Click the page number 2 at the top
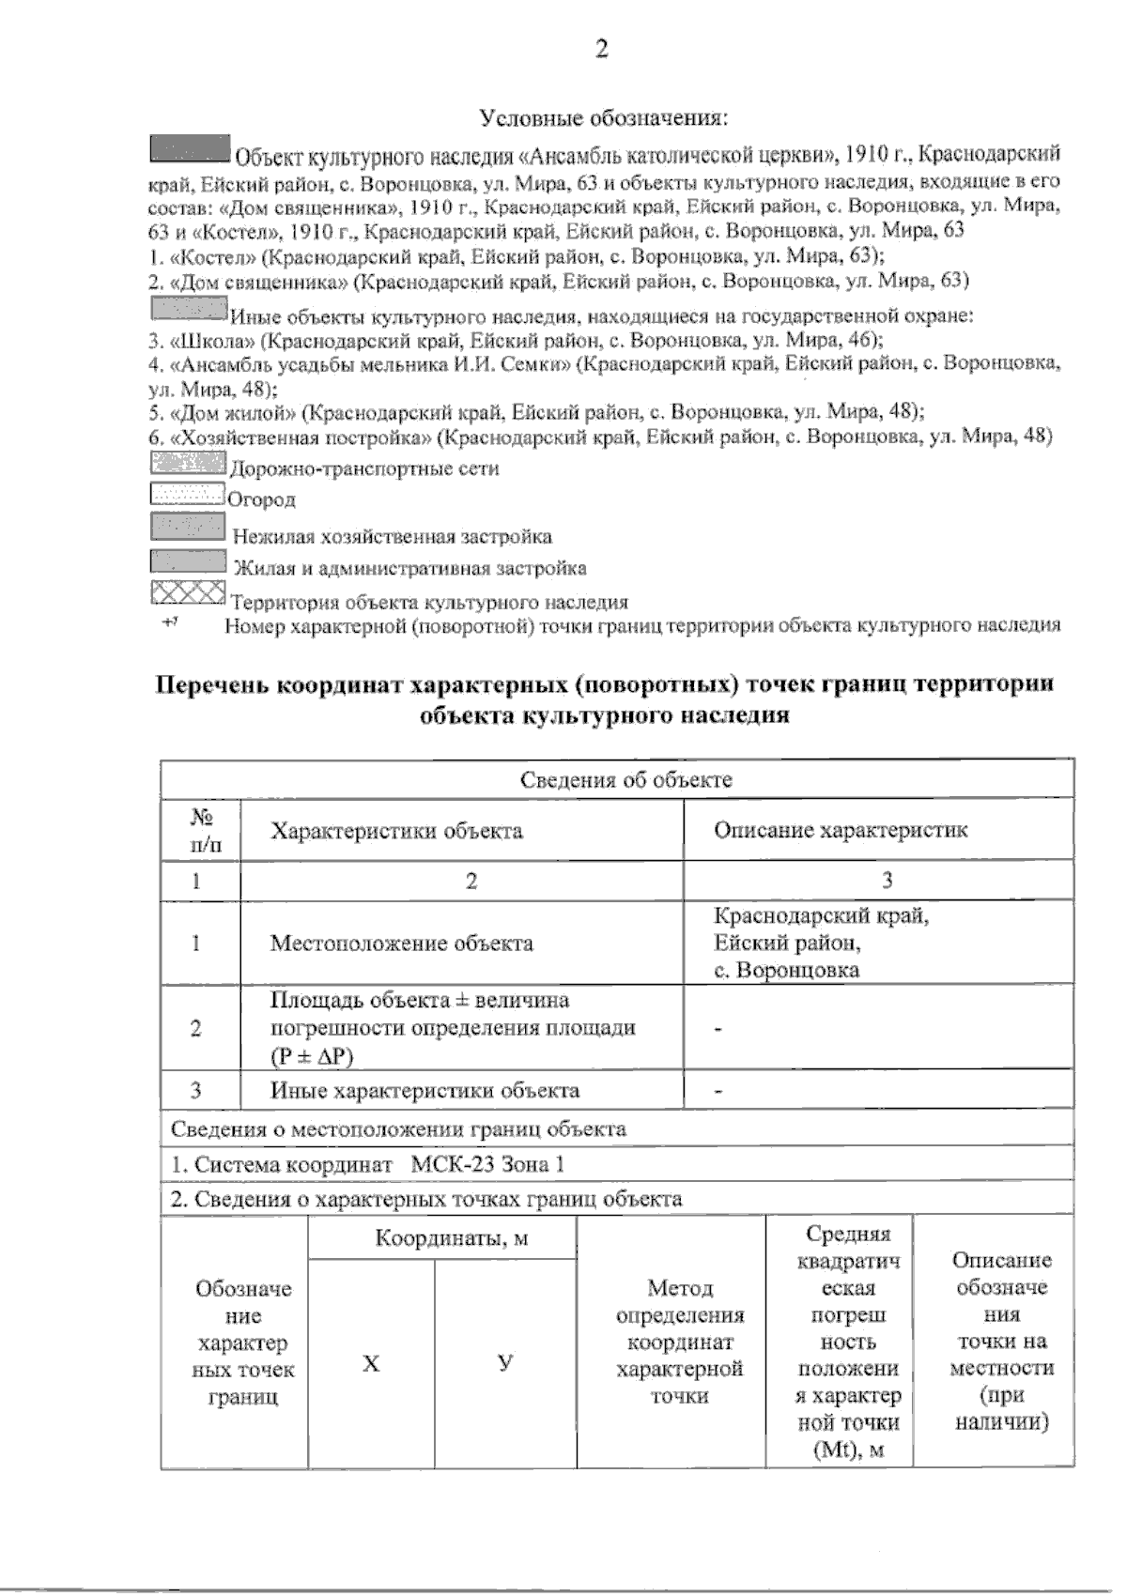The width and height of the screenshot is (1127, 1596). click(601, 50)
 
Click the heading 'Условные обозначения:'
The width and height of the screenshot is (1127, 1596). click(606, 118)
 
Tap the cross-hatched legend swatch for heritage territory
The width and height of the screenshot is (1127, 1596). click(188, 592)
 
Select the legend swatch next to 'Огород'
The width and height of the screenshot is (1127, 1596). click(186, 494)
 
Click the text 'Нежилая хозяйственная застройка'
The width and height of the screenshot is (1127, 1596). click(393, 537)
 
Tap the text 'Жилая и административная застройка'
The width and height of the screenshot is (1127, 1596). click(409, 568)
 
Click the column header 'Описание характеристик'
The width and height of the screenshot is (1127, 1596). click(841, 830)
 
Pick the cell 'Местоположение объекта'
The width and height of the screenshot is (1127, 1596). click(402, 944)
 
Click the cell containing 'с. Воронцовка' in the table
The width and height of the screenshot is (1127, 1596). click(786, 970)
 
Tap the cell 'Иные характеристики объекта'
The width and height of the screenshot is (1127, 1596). click(425, 1090)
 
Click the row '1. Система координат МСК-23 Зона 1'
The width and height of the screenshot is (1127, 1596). click(368, 1164)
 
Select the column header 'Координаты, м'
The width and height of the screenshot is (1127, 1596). click(452, 1238)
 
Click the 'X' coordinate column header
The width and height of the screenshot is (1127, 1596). click(371, 1363)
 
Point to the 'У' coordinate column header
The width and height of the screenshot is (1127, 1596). click(505, 1363)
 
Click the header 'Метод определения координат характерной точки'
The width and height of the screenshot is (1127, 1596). click(680, 1342)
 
